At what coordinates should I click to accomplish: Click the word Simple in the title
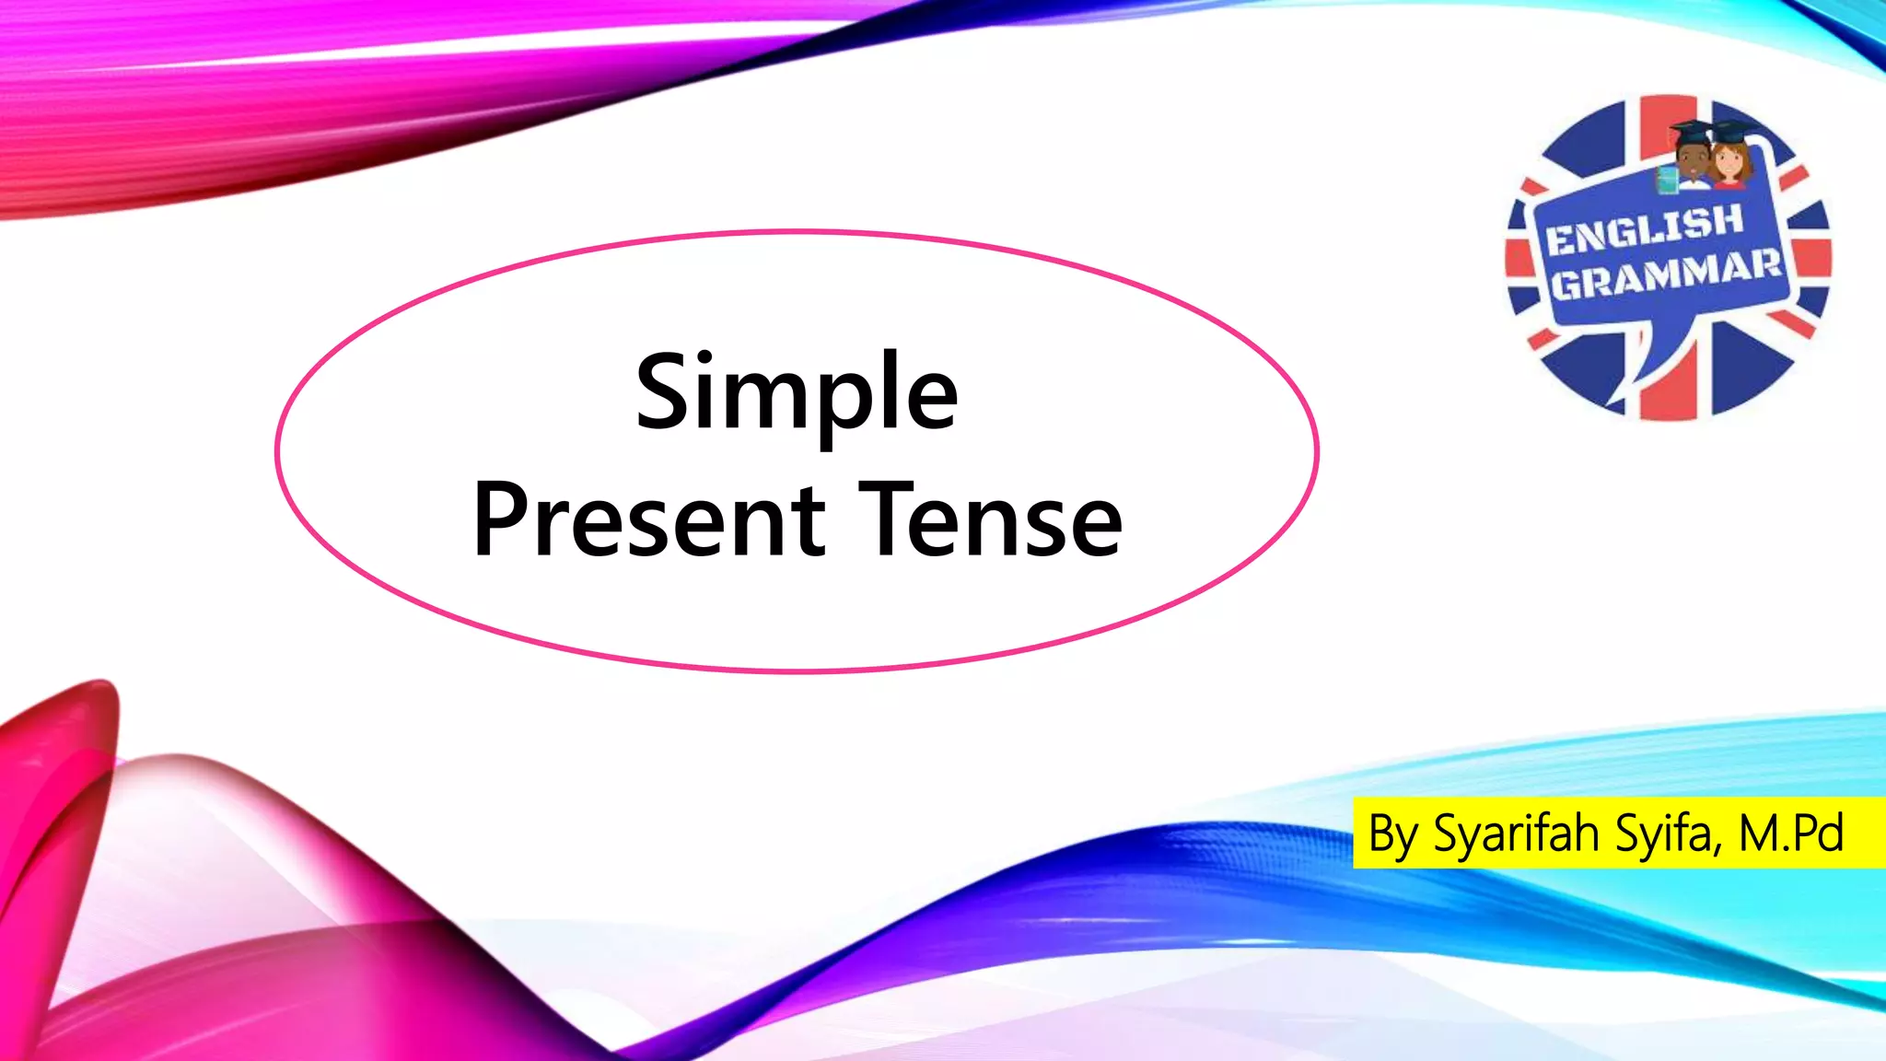(797, 394)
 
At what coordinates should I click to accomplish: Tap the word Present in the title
(649, 521)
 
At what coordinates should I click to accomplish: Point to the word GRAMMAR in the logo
(1665, 274)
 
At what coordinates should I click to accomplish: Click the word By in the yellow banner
(1392, 834)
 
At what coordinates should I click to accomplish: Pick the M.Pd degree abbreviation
(1791, 834)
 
